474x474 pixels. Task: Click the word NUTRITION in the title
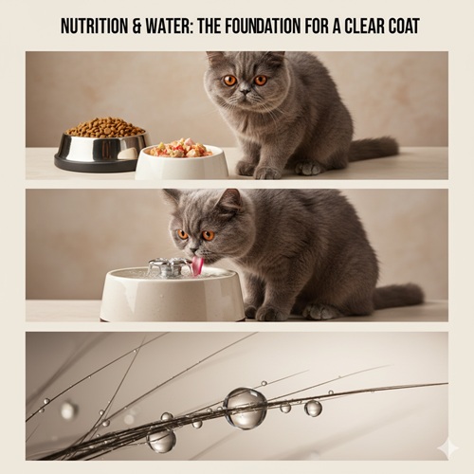tap(94, 26)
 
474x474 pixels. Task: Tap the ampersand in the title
tap(137, 26)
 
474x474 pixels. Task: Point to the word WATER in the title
tap(170, 26)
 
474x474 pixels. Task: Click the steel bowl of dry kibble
tap(101, 144)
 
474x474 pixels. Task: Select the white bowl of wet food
tap(182, 162)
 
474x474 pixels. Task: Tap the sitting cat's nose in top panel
tap(245, 91)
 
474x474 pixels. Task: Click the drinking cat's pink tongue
tap(199, 264)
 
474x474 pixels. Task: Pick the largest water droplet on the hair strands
tap(246, 409)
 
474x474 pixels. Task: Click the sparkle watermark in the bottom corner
tap(447, 448)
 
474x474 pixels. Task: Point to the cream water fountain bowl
tap(173, 294)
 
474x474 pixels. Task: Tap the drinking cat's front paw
tap(269, 314)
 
